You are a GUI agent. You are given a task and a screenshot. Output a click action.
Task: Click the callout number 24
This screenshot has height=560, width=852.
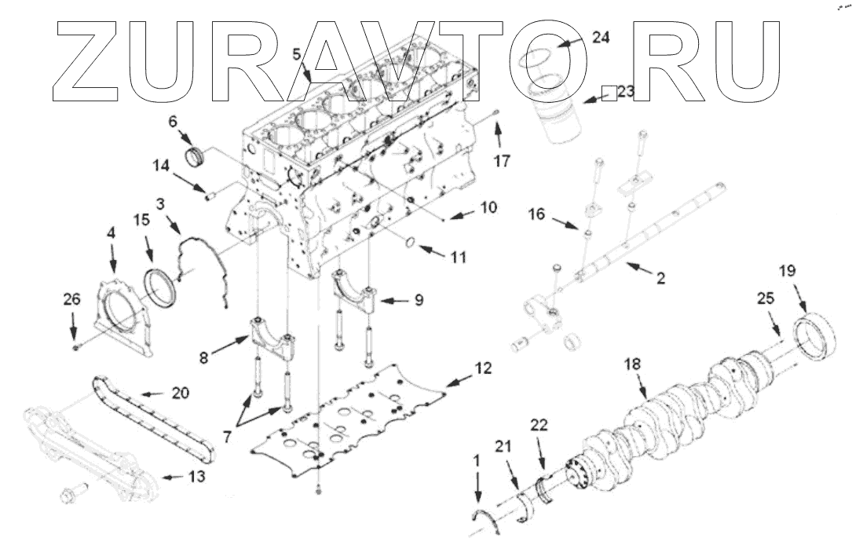click(600, 38)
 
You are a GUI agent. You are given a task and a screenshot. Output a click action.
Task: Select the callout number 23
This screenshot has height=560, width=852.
click(625, 92)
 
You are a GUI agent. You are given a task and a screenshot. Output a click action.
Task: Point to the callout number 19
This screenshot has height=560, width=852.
click(787, 271)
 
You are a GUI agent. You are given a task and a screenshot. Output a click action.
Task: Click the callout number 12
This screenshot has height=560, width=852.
click(483, 367)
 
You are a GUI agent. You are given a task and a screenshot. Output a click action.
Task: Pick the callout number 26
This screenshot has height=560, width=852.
click(72, 299)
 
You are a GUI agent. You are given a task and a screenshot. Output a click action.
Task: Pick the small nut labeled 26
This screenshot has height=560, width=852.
click(75, 346)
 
